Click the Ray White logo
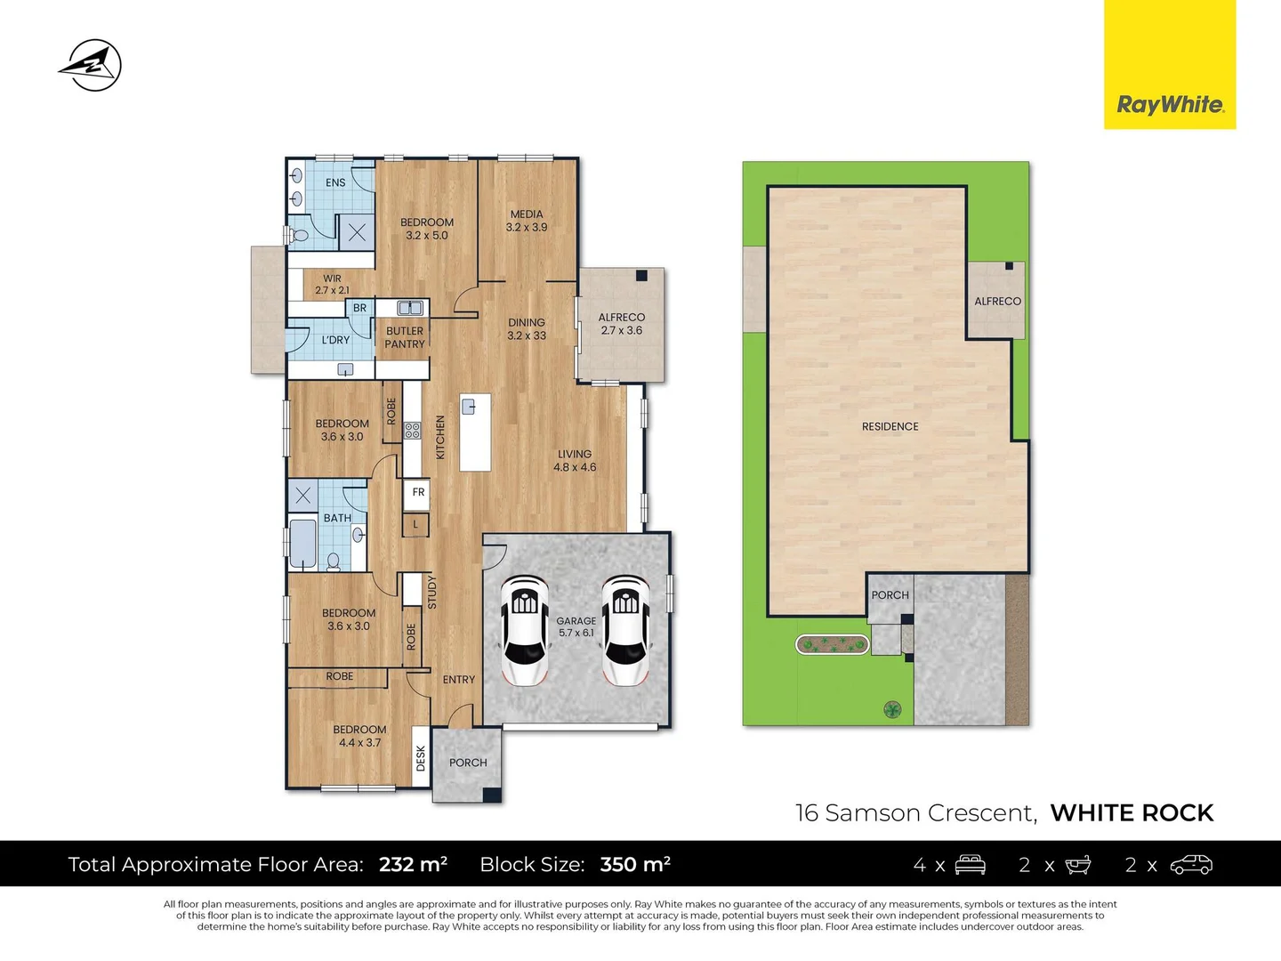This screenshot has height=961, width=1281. pos(1170,64)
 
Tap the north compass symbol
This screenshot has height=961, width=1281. pos(92,65)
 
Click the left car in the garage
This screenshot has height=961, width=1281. pos(524,631)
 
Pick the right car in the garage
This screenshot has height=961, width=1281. pos(625,631)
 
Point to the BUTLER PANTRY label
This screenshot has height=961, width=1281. pos(405,337)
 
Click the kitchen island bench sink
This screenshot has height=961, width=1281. pos(468,407)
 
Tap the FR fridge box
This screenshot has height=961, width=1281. pos(416,493)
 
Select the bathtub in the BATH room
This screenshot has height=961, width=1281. pos(302,544)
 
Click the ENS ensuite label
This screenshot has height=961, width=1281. pos(335,182)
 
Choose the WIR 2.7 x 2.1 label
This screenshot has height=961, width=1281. pos(332,284)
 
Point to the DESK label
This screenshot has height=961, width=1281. pos(421,758)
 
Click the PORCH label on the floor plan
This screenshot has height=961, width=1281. pos(468,763)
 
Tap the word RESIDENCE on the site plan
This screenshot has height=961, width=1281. pos(890,426)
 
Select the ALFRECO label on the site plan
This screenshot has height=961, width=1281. pos(997,301)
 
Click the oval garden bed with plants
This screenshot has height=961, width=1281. pos(833,645)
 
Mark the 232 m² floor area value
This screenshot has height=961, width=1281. pos(413,864)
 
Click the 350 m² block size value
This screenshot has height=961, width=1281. pos(635,864)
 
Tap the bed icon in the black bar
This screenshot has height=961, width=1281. pos(970,865)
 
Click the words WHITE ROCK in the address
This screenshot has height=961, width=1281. pos(1132,812)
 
